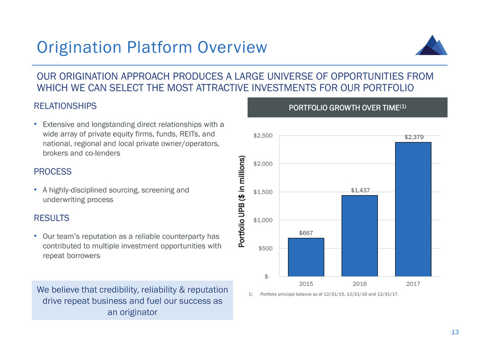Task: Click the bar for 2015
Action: [306, 257]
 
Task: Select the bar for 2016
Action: [359, 235]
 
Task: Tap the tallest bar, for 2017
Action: [413, 209]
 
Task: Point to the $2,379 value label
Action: [413, 137]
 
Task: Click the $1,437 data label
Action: [359, 190]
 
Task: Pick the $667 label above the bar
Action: [306, 233]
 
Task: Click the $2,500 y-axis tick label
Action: [263, 136]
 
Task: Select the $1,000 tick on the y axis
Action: [263, 220]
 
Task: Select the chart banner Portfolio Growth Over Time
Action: [347, 107]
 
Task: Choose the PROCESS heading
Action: [53, 172]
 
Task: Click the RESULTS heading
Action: [52, 218]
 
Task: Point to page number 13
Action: [454, 332]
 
